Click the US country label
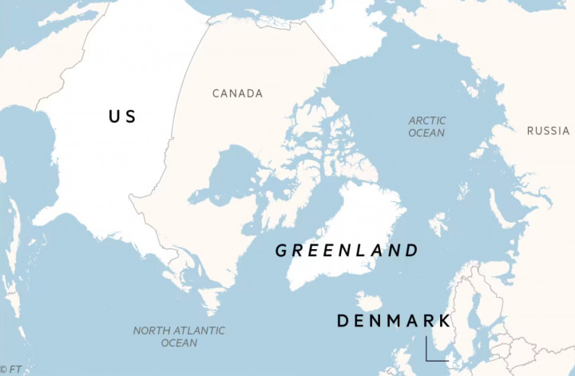[x=122, y=117]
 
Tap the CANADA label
[x=237, y=93]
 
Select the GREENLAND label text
[x=347, y=251]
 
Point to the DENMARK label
[x=393, y=321]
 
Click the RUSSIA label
[x=548, y=130]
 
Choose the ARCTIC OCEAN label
[x=426, y=127]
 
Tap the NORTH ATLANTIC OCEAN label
[x=179, y=336]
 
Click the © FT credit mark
[x=11, y=370]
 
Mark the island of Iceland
[x=368, y=302]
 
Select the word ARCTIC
[x=427, y=121]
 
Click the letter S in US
[x=130, y=117]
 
